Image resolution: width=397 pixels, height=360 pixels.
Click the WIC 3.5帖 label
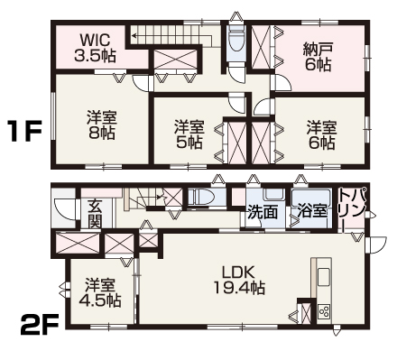click(93, 47)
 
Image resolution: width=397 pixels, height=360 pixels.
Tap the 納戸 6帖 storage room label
click(317, 57)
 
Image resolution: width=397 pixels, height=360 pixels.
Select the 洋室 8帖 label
click(100, 124)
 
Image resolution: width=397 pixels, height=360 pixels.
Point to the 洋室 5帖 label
click(189, 136)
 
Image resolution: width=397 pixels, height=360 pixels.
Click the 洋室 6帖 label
click(319, 134)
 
